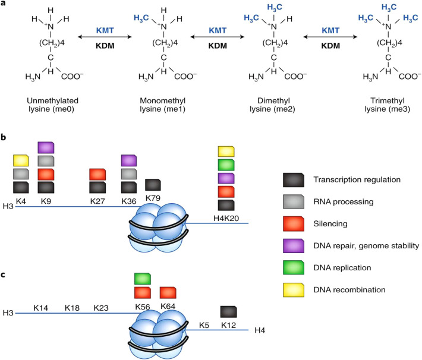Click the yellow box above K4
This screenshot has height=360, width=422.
21,160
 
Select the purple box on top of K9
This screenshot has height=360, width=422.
46,147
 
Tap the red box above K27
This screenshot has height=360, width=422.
97,174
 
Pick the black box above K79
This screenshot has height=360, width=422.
153,185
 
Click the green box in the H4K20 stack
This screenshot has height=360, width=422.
226,165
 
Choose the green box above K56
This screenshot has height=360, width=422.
143,279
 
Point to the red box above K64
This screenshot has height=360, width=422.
168,293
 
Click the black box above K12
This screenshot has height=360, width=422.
228,311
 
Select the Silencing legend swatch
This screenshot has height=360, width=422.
294,223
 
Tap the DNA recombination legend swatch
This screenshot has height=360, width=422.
294,290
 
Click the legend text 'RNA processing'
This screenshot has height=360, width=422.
344,202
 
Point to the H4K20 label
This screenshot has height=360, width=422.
226,218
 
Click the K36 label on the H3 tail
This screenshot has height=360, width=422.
129,201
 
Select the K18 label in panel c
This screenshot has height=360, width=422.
72,308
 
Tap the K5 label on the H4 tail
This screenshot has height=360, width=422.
204,325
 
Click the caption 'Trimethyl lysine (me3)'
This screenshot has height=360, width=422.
388,105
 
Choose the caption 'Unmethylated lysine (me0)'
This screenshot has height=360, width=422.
52,105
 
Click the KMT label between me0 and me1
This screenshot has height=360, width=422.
105,30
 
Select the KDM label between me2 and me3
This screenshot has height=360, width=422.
330,46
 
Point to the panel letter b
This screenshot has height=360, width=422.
3,137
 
